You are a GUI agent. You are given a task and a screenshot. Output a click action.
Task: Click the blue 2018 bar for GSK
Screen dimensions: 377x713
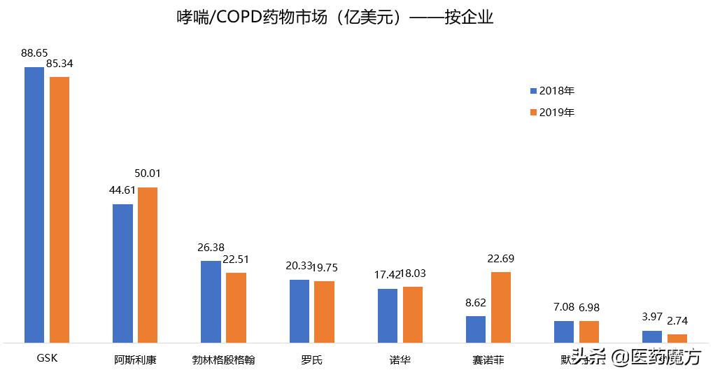click(34, 205)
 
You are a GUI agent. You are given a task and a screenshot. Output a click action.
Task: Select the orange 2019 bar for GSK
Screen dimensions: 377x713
click(59, 210)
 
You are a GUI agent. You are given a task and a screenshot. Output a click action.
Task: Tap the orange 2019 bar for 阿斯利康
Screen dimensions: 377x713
click(148, 265)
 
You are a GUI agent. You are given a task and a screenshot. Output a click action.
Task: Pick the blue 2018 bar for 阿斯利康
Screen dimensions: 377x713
click(122, 273)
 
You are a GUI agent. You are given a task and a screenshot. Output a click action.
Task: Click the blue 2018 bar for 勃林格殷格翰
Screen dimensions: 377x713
click(211, 301)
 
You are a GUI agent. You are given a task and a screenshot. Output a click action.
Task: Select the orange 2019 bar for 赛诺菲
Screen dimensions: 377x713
click(501, 307)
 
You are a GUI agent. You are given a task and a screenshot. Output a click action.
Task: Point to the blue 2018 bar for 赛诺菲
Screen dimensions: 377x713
click(476, 329)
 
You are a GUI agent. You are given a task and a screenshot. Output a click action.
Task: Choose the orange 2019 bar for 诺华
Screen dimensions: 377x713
click(413, 315)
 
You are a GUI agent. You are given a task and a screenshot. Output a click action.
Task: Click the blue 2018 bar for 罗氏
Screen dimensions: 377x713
click(299, 311)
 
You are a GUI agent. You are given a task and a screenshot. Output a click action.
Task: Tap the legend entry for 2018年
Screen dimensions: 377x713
click(552, 91)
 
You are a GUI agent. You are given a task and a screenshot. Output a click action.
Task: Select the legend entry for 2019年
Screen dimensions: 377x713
click(552, 112)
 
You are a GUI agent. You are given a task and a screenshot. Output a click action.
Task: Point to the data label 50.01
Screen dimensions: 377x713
click(148, 173)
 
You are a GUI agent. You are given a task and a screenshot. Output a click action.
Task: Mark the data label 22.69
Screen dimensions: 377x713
click(501, 258)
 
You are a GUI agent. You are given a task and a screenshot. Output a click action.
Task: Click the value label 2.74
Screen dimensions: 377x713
click(677, 321)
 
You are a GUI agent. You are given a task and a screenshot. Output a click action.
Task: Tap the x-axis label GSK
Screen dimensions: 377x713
click(47, 360)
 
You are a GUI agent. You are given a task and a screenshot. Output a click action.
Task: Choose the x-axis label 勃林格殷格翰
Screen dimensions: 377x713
click(223, 360)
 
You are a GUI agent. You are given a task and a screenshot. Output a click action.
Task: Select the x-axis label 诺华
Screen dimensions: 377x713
click(400, 360)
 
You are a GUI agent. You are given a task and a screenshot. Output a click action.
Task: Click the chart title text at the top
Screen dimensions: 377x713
click(335, 17)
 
